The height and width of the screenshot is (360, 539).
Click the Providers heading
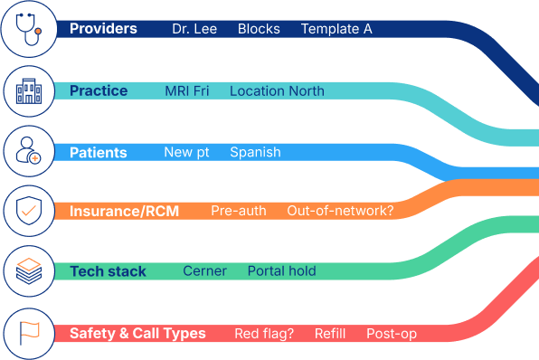point(103,29)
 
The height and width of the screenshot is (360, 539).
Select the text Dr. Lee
point(195,29)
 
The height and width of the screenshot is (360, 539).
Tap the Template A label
point(336,29)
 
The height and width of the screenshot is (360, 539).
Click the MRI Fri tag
point(186,91)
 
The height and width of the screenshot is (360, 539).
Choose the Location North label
point(277,91)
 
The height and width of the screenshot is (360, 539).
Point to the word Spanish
point(255,152)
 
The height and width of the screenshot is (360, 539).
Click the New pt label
point(186,152)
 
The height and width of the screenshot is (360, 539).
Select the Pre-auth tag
point(239,212)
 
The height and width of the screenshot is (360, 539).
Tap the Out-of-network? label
point(340,212)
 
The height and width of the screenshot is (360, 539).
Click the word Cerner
point(204,271)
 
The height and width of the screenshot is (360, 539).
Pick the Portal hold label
point(281,271)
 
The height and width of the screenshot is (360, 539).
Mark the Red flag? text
point(264,334)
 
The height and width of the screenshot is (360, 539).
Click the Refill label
point(330,334)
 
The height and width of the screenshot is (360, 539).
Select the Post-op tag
point(392,334)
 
